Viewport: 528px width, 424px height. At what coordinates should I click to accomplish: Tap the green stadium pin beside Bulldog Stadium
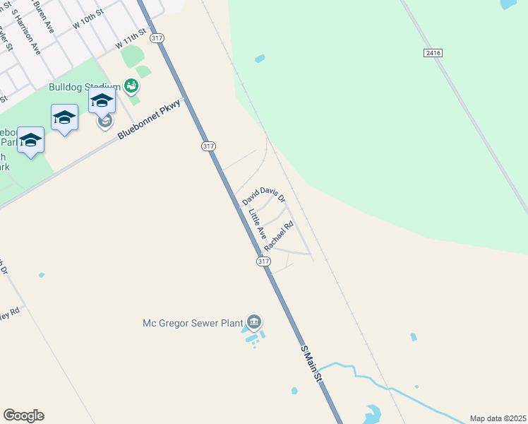pos(131,86)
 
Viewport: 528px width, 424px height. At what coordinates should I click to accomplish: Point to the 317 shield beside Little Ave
pos(263,261)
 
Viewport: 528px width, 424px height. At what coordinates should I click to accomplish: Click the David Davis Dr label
pos(263,195)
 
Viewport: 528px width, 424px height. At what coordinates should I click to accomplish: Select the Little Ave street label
pos(257,222)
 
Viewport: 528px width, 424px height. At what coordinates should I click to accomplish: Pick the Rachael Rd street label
pos(278,237)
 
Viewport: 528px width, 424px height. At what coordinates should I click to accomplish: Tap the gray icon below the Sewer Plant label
pos(254,322)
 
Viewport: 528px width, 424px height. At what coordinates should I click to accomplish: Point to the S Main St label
pos(311,365)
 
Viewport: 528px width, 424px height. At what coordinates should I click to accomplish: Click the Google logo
pos(23,416)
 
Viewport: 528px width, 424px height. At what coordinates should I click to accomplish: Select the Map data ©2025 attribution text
pos(498,418)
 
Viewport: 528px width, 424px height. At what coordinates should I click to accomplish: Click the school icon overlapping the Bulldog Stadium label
pos(102,101)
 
